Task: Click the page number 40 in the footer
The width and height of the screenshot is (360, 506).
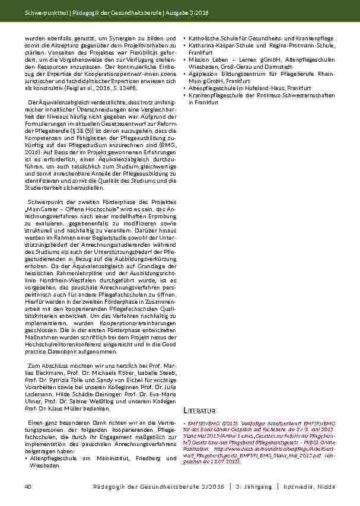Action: click(x=27, y=486)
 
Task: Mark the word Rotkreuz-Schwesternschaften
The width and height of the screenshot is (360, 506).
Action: click(x=292, y=95)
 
